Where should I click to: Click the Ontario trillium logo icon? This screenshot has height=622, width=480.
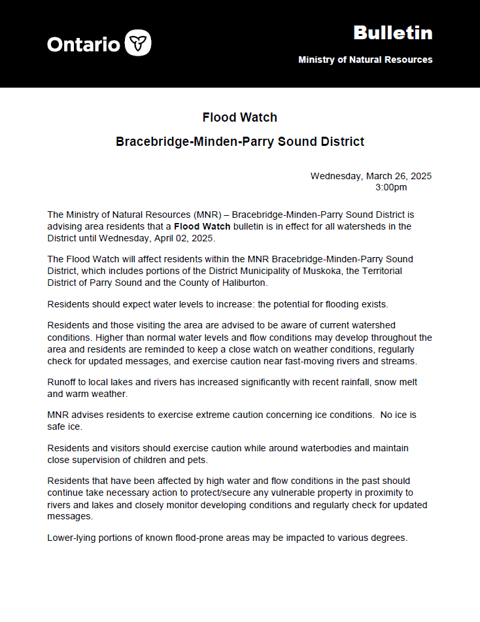(137, 43)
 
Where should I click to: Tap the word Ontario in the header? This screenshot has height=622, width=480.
(83, 44)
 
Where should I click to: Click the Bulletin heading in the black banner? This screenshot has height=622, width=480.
(392, 33)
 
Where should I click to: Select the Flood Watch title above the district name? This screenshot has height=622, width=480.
(240, 118)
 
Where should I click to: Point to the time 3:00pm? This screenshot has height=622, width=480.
(391, 187)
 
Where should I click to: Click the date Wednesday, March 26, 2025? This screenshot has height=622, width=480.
(371, 176)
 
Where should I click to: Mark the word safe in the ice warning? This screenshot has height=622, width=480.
(57, 427)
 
